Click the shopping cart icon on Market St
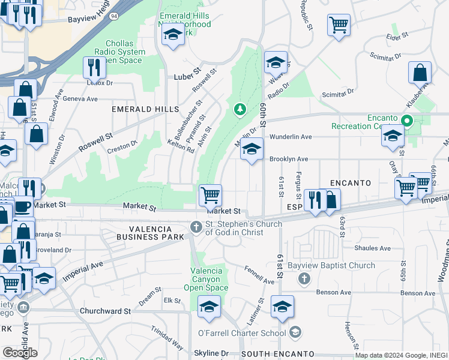(210, 195)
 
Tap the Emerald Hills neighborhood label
(145, 109)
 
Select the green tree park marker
(240, 109)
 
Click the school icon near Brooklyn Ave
(252, 149)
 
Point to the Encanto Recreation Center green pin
(406, 121)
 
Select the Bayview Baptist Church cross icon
(304, 278)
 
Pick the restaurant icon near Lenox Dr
(94, 67)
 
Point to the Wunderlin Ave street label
(291, 137)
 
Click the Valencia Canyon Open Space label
(209, 279)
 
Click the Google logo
(20, 353)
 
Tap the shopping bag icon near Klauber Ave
(420, 73)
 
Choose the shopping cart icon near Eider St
(339, 25)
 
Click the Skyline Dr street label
(211, 354)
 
